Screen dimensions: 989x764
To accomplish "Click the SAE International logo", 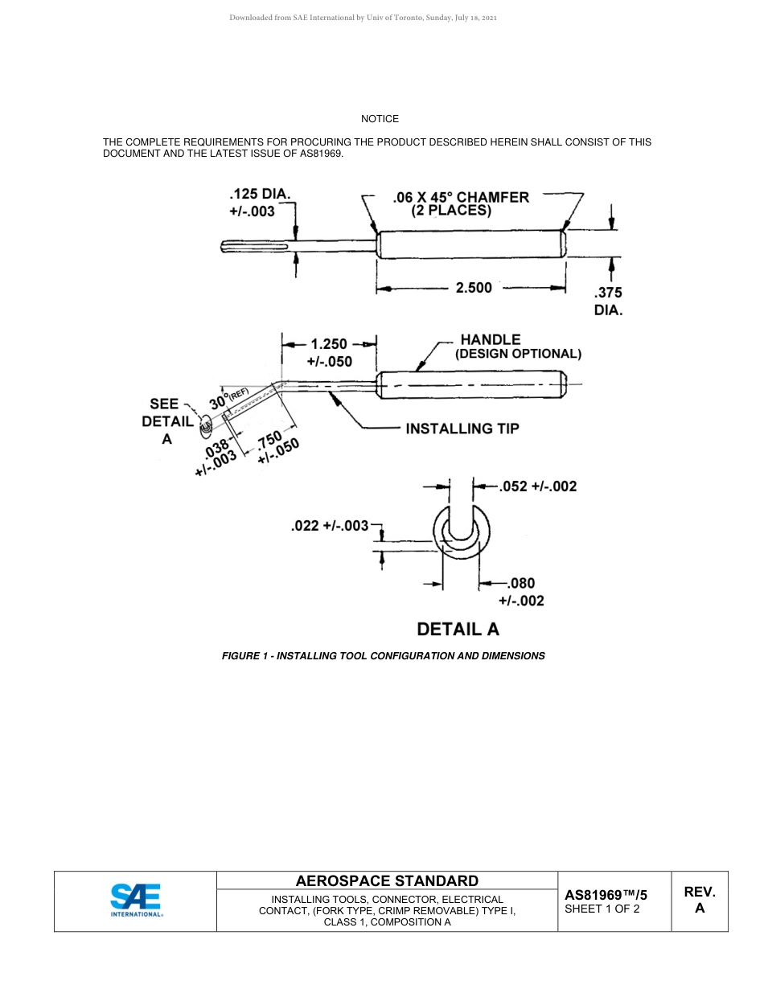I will [136, 900].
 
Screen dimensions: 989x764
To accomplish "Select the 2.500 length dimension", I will [474, 287].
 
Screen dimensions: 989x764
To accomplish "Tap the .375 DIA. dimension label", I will [608, 301].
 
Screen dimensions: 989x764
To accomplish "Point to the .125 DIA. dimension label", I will [259, 203].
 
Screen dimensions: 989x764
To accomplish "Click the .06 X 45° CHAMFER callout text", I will [461, 198].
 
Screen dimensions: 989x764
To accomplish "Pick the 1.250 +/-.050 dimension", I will [329, 352].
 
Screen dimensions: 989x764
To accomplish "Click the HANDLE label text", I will [490, 339].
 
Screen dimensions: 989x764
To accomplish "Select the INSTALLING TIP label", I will [462, 429].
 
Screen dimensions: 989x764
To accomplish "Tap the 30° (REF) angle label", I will [229, 398].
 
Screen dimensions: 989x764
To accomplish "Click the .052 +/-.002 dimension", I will [537, 486].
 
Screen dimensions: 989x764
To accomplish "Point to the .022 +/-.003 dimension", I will [329, 526].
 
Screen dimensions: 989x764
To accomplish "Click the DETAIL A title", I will [458, 629].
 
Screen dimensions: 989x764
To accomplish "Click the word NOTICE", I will [380, 119].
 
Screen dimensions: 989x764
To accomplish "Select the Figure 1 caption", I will [383, 656].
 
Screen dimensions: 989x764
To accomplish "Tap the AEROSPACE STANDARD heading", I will [387, 880].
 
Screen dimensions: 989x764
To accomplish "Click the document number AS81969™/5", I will [606, 894].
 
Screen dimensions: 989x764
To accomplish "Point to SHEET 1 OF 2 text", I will [602, 909].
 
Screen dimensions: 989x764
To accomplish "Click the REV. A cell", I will [699, 901].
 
